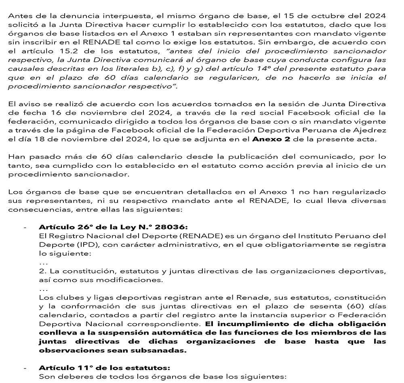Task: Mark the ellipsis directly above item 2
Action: click(x=43, y=262)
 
